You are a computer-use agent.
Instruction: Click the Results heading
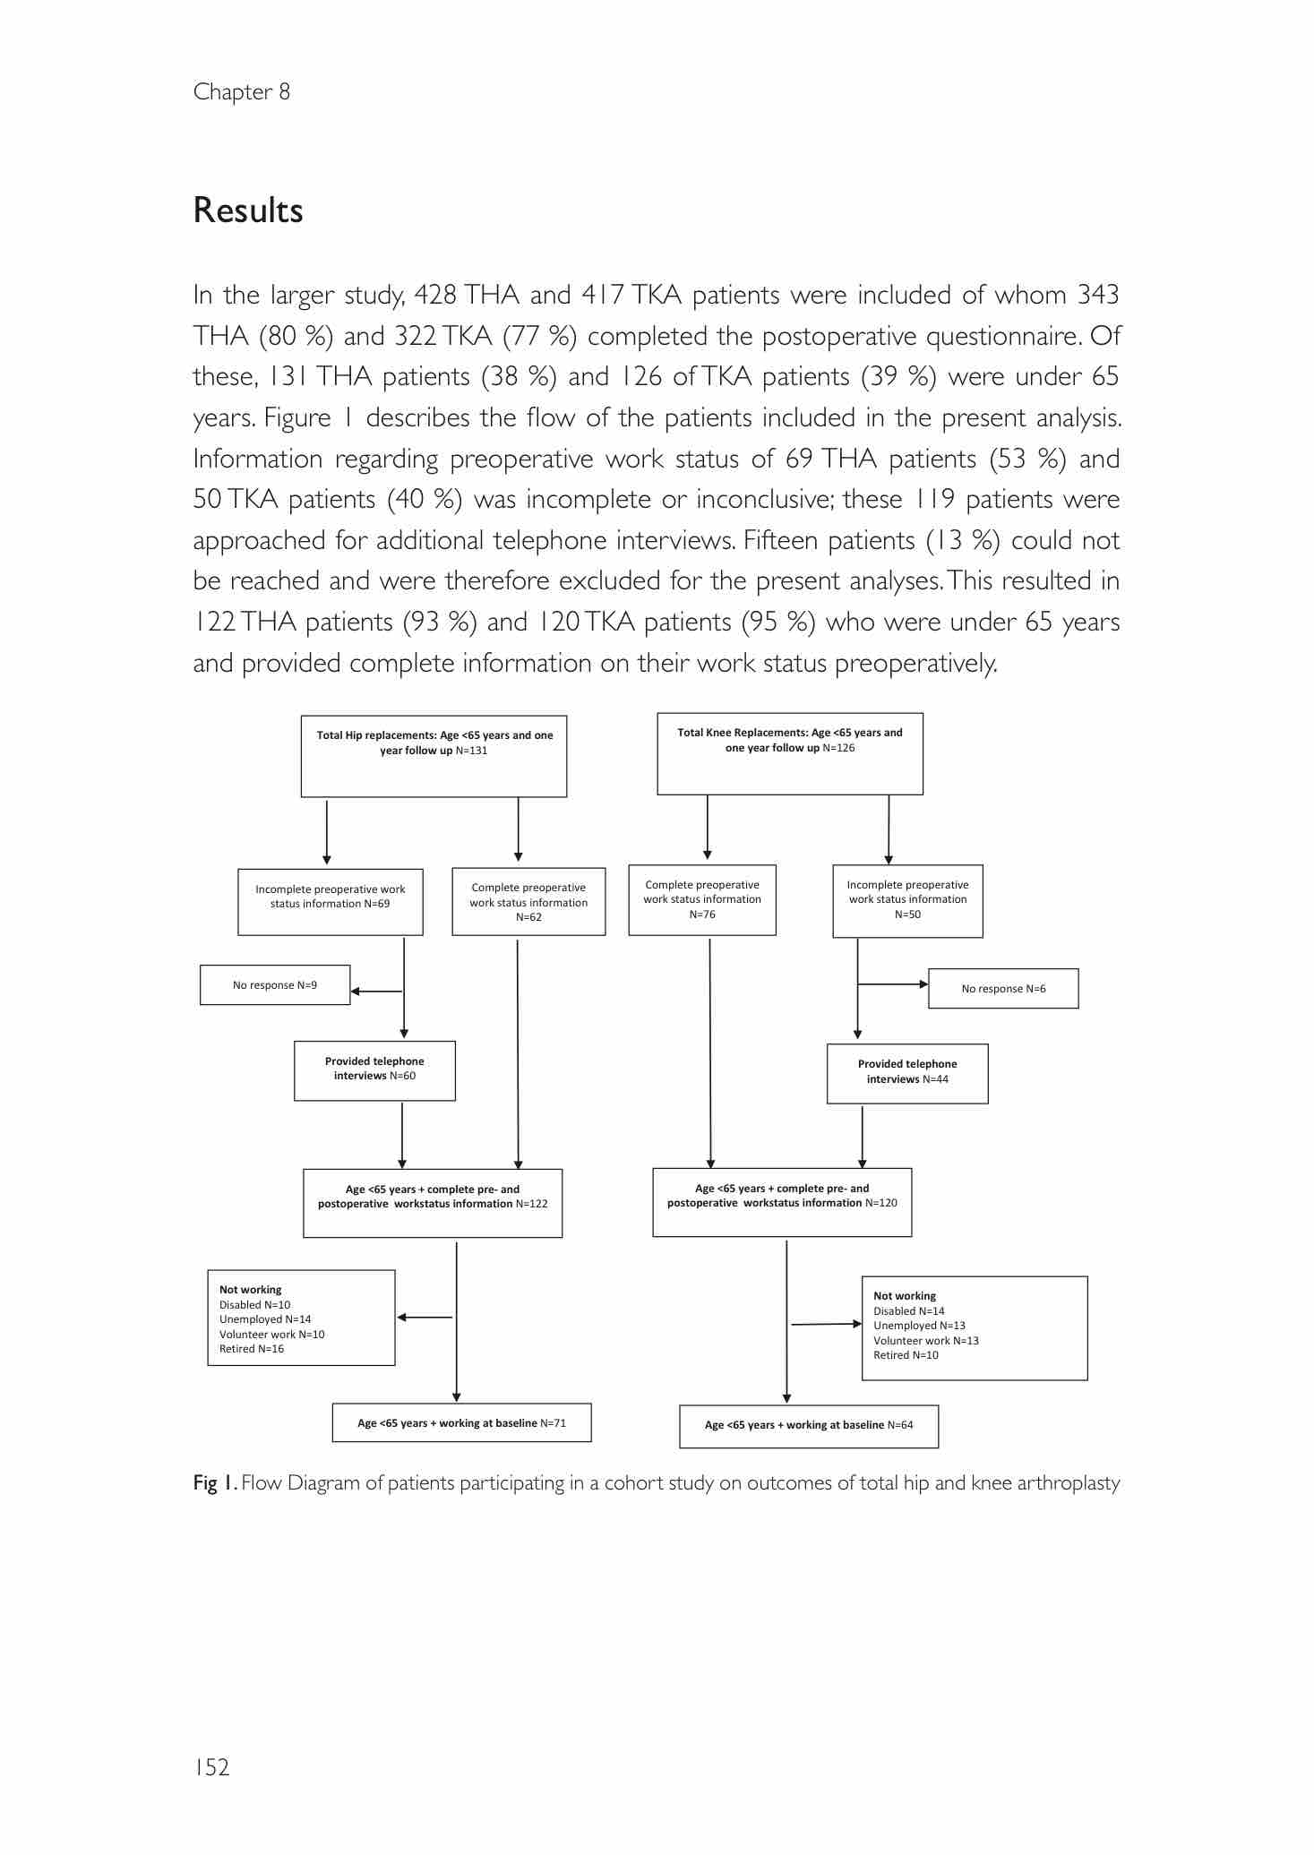tap(248, 210)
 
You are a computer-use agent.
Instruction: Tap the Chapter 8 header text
tap(241, 92)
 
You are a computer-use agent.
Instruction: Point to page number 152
tap(211, 1766)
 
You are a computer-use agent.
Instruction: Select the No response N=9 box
tap(275, 985)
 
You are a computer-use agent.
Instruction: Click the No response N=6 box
tap(1003, 989)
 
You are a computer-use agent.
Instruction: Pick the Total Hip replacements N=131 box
tap(434, 756)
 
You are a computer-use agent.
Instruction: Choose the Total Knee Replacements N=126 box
tap(790, 753)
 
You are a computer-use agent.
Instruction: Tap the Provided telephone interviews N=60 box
tap(374, 1070)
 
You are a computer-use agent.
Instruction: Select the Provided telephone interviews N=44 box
tap(907, 1073)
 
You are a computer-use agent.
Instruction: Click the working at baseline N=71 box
tap(461, 1422)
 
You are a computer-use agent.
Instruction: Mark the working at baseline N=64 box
tap(809, 1425)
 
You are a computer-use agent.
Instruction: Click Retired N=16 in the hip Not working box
tap(252, 1349)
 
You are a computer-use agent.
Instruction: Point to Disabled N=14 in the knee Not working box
tap(909, 1310)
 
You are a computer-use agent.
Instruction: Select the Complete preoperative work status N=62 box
tap(528, 902)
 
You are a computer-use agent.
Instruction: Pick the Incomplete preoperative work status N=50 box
tap(907, 900)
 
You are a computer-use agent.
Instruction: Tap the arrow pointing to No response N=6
tap(894, 984)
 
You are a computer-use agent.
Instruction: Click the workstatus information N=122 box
tap(433, 1203)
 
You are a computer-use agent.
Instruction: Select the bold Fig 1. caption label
tap(215, 1483)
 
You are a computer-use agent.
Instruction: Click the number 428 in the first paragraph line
tap(435, 295)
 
